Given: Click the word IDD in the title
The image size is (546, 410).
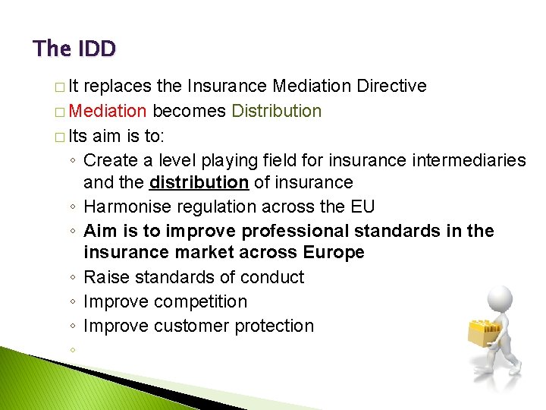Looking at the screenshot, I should (x=96, y=49).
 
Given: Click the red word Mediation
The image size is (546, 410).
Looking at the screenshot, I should (x=108, y=112).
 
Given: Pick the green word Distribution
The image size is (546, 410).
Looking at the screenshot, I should (x=277, y=112).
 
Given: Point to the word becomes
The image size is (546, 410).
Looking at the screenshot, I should (x=190, y=112).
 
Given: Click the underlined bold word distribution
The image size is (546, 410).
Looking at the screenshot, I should (x=199, y=183).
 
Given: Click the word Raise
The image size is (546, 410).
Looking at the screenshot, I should (x=103, y=278).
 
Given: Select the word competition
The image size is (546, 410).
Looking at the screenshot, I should (x=201, y=302).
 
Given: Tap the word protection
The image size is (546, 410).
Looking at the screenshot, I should (x=276, y=326).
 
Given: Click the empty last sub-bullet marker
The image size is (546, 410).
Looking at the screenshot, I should (x=71, y=351).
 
